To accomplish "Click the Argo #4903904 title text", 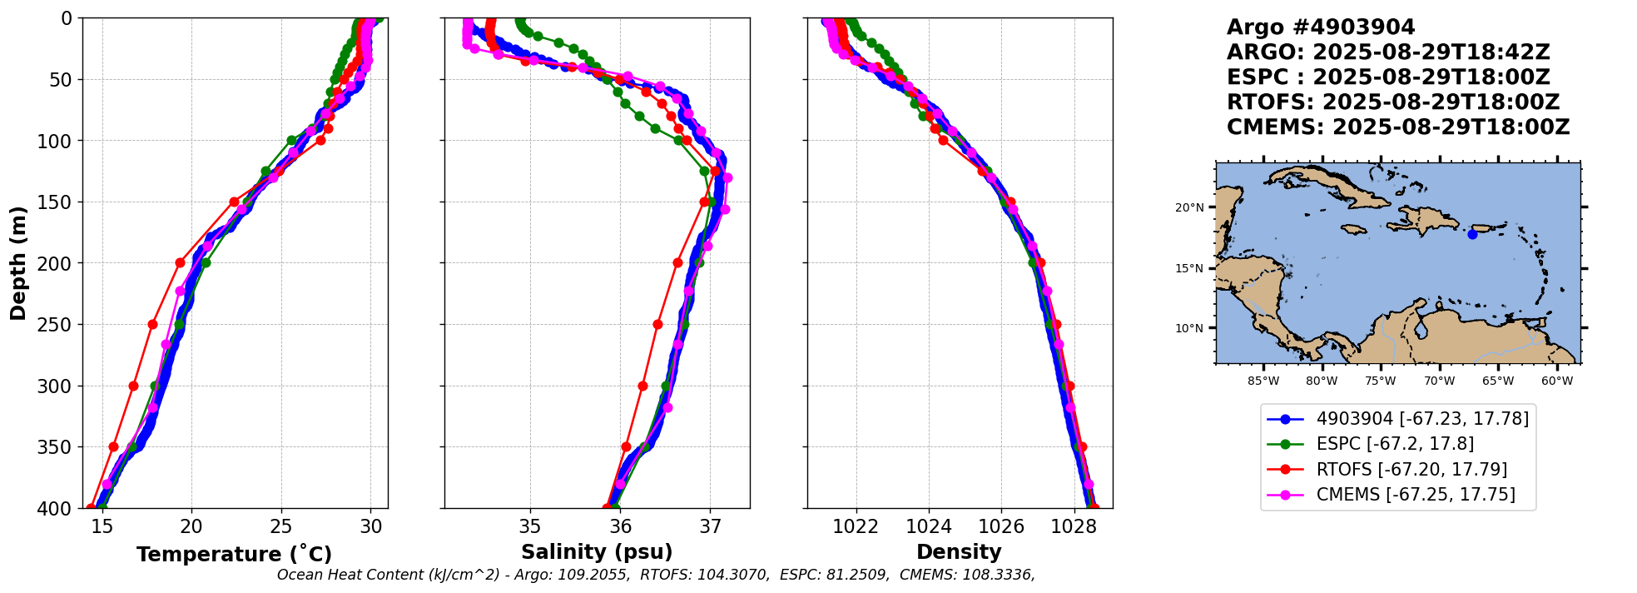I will click(1321, 27).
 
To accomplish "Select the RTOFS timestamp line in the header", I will click(1392, 102).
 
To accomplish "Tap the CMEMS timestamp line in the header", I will click(1397, 127).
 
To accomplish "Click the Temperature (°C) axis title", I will click(234, 554).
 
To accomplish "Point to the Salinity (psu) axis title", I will click(597, 552).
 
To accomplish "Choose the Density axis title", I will click(959, 552).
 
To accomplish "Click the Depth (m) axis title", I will click(18, 262).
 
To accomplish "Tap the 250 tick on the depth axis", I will click(55, 325).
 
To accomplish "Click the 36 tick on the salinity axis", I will click(620, 526).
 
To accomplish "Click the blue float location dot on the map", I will click(1472, 234).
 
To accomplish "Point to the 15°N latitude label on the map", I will click(1189, 268).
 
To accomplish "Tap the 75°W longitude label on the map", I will click(1380, 381).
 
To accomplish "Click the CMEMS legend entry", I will click(1415, 495).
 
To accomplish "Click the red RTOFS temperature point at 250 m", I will click(152, 324).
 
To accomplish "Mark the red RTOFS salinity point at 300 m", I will click(642, 386).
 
